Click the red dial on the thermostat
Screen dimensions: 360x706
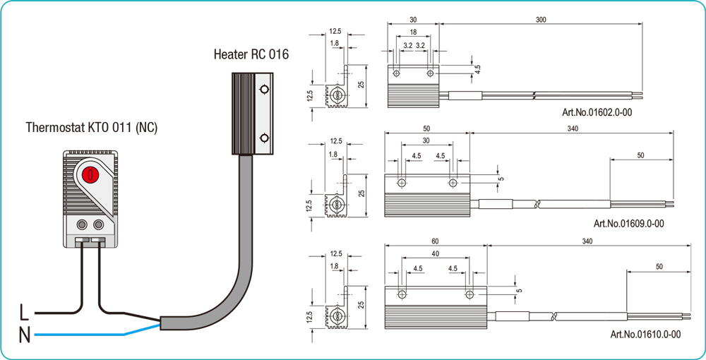(x=90, y=174)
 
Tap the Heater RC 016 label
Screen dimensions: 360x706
(x=251, y=54)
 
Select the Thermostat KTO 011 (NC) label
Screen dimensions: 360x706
(x=91, y=128)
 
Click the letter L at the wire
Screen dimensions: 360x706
(x=24, y=311)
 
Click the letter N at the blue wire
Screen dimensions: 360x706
(x=24, y=335)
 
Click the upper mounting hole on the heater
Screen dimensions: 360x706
(x=263, y=90)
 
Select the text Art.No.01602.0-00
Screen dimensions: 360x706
(x=597, y=112)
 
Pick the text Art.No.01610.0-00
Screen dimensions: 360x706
(x=645, y=334)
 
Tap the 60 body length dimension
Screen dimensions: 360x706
(x=435, y=241)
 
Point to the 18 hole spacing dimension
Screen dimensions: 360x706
(x=413, y=32)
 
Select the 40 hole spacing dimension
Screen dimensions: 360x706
(x=435, y=253)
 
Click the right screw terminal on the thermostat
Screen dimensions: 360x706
(x=98, y=224)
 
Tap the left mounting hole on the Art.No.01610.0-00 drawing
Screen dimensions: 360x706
(x=402, y=294)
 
